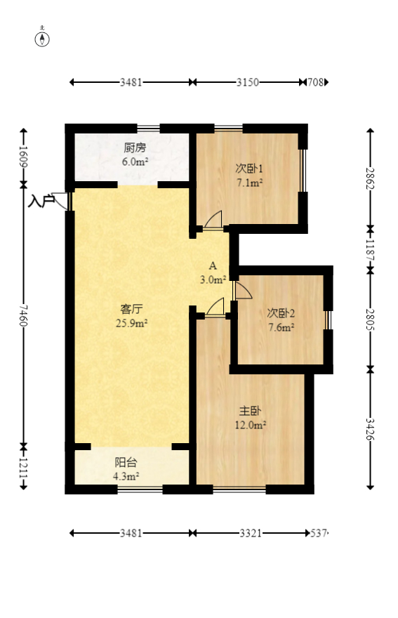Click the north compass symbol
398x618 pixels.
pyautogui.click(x=43, y=38)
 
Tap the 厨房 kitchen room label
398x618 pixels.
pyautogui.click(x=135, y=148)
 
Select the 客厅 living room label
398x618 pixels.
pyautogui.click(x=132, y=309)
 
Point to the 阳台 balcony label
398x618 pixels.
pyautogui.click(x=126, y=463)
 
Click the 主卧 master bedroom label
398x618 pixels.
pyautogui.click(x=251, y=412)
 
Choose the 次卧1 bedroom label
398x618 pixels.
pyautogui.click(x=248, y=169)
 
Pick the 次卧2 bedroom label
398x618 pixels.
pyautogui.click(x=281, y=313)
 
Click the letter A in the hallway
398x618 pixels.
pyautogui.click(x=213, y=265)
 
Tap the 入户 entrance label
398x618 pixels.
pyautogui.click(x=41, y=202)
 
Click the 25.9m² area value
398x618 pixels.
pyautogui.click(x=132, y=323)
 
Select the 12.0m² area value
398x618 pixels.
pyautogui.click(x=251, y=425)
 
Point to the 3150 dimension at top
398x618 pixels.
pyautogui.click(x=247, y=82)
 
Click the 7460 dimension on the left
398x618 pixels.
pyautogui.click(x=23, y=316)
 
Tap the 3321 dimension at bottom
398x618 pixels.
pyautogui.click(x=250, y=533)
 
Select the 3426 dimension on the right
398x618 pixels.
pyautogui.click(x=370, y=428)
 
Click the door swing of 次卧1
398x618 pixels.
pyautogui.click(x=213, y=220)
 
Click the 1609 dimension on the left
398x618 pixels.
pyautogui.click(x=23, y=156)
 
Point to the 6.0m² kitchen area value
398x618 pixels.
pyautogui.click(x=135, y=162)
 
